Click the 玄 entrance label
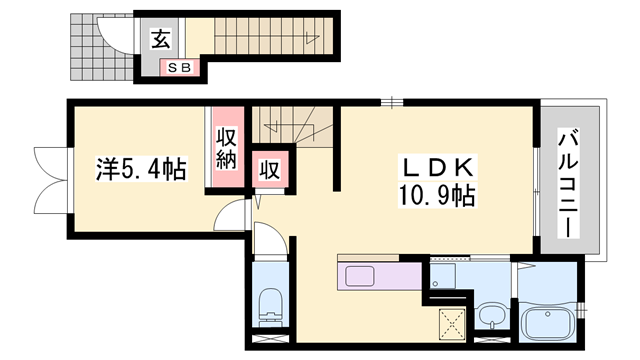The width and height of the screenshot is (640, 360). [160, 39]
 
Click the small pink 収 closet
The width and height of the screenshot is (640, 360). [269, 171]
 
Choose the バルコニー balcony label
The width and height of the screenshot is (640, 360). [566, 181]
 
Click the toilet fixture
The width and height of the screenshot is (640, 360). [269, 305]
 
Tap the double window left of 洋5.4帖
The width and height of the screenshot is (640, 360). [48, 180]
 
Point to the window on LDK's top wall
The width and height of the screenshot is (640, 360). [393, 101]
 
